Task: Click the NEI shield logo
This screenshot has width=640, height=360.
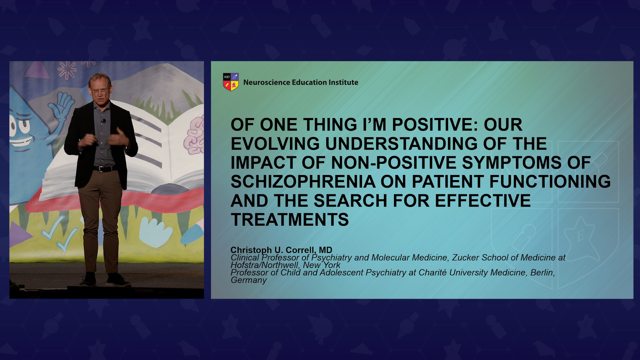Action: pos(231,82)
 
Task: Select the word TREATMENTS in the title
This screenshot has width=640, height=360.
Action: pos(290,220)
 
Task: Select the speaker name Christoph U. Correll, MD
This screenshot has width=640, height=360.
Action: pos(281,250)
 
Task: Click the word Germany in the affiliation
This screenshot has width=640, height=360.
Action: pos(249,280)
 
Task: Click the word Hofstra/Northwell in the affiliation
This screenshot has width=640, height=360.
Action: pos(265,265)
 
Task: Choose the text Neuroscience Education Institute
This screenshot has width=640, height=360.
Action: pos(301,82)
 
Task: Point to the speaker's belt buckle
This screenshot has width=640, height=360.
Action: pos(102,169)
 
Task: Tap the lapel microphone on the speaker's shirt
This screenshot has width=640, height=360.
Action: pos(104,121)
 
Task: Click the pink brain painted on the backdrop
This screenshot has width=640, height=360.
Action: pos(195,135)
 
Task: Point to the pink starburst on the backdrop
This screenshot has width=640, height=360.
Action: pos(67,70)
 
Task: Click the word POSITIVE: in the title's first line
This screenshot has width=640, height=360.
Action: pos(435,125)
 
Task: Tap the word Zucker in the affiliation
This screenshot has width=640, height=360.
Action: pos(466,258)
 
